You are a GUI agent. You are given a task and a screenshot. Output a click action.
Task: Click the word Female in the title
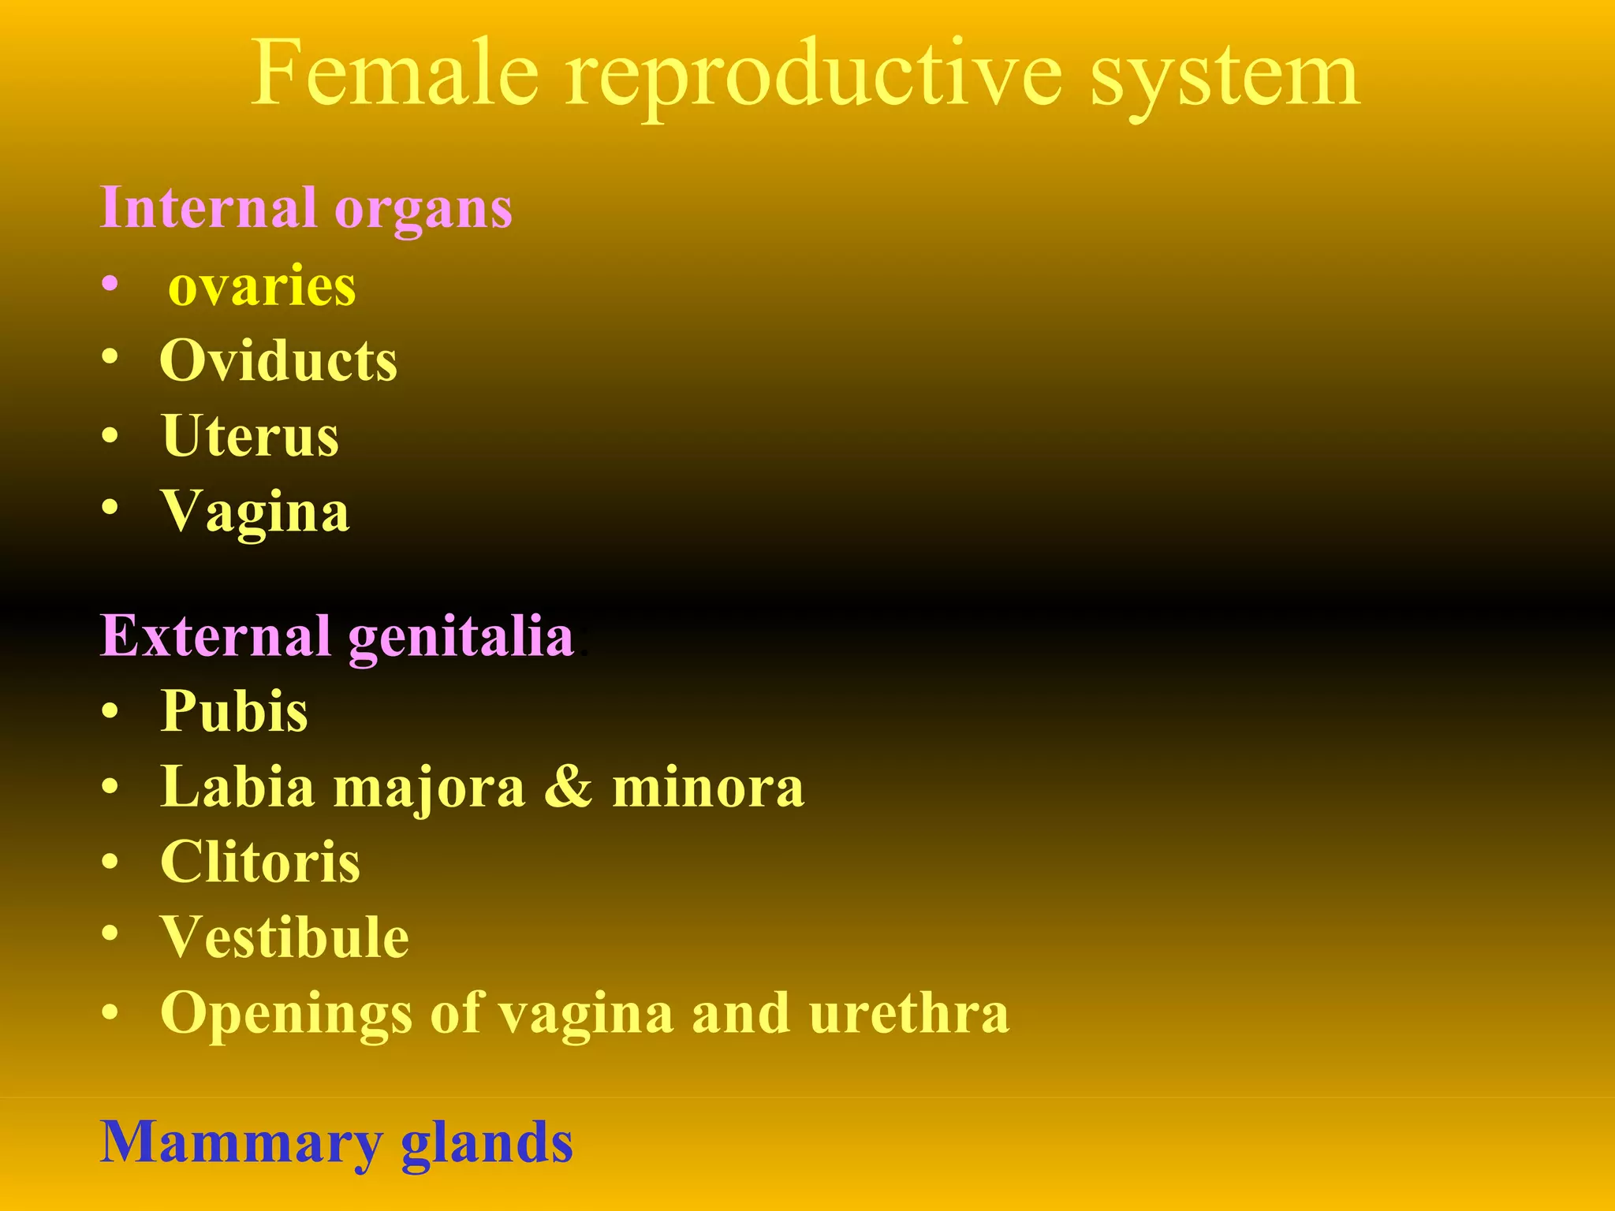[x=395, y=74]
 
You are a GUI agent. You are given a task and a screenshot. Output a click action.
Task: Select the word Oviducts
[x=278, y=361]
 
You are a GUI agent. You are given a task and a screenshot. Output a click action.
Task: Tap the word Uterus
[x=250, y=436]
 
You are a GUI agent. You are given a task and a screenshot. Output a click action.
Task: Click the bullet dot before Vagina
[x=110, y=507]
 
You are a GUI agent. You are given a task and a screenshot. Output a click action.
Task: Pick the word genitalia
[x=461, y=639]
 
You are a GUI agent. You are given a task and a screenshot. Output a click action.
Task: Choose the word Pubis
[x=233, y=711]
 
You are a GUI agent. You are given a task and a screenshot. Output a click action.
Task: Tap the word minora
[x=708, y=788]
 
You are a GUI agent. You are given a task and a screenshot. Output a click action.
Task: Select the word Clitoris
[x=260, y=862]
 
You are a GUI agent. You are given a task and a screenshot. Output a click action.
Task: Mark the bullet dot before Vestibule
[x=110, y=933]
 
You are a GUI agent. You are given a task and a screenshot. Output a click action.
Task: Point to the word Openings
[x=285, y=1015]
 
